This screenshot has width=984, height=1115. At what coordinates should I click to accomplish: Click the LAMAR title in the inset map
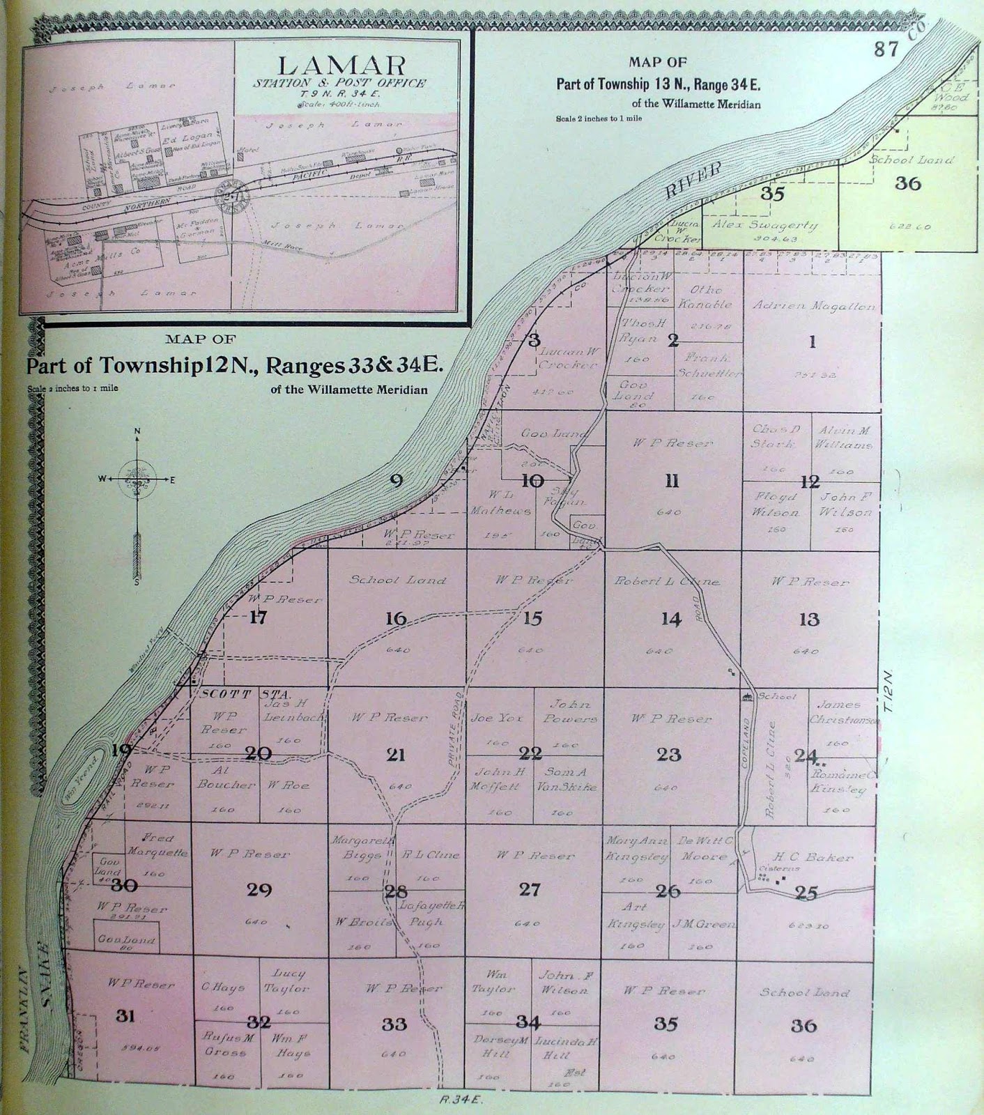(341, 66)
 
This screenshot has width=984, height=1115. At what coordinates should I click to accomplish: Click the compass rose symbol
(137, 479)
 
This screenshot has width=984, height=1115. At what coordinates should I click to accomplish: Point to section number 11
(672, 482)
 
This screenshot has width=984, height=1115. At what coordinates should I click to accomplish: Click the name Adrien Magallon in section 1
(813, 306)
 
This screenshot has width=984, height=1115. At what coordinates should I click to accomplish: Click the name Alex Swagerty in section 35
(764, 226)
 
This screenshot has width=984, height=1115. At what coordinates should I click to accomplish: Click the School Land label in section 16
(397, 580)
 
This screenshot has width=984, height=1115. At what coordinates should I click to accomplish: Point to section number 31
(125, 1015)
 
